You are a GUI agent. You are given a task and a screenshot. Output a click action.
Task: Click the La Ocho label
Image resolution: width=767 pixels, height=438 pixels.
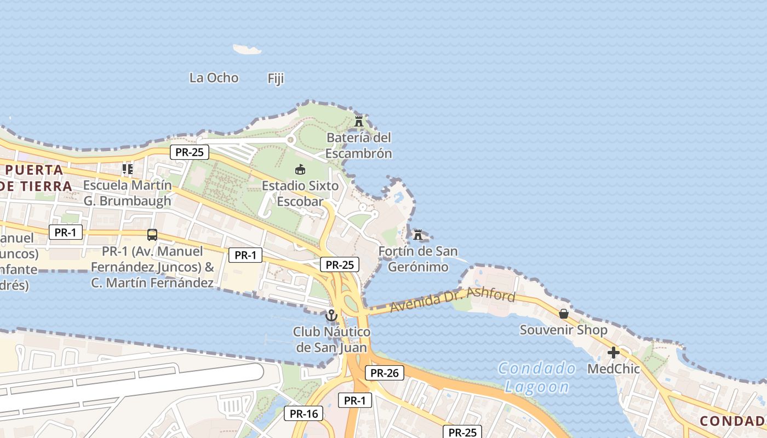click(x=214, y=78)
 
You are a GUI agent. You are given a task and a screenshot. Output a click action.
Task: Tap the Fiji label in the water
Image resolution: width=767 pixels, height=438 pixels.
click(x=276, y=78)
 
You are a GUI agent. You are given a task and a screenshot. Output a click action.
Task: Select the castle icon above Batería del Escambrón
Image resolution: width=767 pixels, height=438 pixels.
click(x=359, y=120)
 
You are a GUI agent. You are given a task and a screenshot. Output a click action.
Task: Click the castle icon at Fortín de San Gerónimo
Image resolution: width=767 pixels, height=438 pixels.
click(x=418, y=235)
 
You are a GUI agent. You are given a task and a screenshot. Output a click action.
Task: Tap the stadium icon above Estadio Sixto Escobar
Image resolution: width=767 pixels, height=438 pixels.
click(x=300, y=169)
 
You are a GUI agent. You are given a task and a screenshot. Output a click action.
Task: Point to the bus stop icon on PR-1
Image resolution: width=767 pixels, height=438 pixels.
click(x=152, y=235)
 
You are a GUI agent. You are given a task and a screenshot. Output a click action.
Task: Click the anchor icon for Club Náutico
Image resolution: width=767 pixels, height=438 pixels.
click(x=331, y=315)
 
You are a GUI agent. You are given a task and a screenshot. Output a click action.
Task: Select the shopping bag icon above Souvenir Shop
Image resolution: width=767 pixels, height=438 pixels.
click(x=563, y=314)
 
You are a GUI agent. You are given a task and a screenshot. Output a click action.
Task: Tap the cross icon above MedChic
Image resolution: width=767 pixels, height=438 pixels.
click(x=614, y=353)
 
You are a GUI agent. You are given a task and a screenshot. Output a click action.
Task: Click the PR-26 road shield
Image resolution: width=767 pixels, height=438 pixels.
click(x=385, y=373)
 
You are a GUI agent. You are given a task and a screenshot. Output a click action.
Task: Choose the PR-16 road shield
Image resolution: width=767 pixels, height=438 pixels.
click(x=304, y=413)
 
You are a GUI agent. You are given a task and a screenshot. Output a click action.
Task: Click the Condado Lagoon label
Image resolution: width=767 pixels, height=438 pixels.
click(x=537, y=377)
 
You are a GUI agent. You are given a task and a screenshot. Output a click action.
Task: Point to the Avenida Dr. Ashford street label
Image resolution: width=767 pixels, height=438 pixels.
click(x=453, y=301)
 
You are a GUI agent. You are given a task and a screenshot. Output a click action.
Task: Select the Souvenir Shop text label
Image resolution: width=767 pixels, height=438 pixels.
click(x=563, y=330)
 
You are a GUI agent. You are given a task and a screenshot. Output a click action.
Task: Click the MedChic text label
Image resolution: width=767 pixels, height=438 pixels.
click(x=614, y=369)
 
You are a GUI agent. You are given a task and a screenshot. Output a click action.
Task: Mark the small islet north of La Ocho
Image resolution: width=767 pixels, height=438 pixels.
click(x=247, y=50)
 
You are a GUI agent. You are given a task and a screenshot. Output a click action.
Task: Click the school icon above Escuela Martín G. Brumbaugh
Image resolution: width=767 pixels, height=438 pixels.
click(x=127, y=169)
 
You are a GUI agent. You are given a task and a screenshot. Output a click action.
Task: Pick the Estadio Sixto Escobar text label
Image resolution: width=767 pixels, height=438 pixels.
click(x=300, y=193)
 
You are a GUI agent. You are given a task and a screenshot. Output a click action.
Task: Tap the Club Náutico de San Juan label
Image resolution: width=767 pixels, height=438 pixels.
click(x=331, y=339)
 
